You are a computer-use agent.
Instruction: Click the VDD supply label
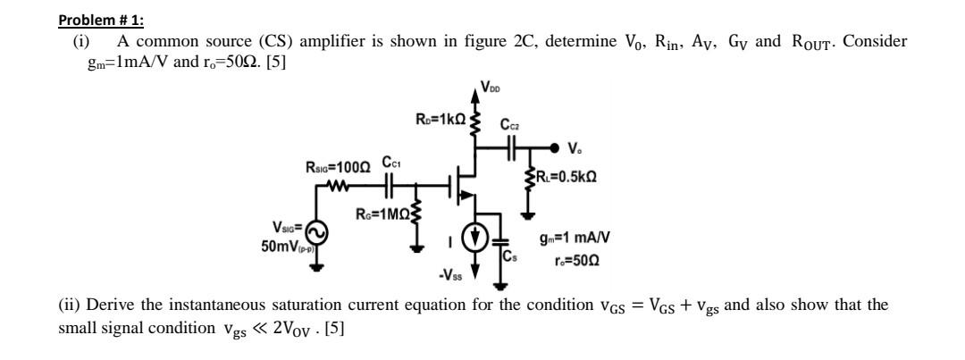pyautogui.click(x=491, y=87)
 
